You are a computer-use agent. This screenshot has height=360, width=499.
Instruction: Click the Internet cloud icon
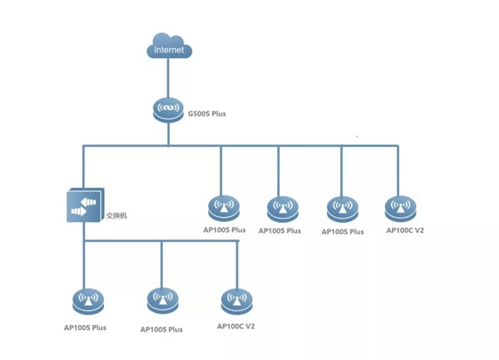click(169, 46)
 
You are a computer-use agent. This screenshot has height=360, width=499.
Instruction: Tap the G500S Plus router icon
click(169, 109)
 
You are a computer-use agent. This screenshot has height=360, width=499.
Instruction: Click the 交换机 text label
click(118, 216)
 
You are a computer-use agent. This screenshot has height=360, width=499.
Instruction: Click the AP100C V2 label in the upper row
click(405, 230)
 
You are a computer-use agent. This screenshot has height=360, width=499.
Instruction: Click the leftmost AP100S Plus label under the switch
click(85, 328)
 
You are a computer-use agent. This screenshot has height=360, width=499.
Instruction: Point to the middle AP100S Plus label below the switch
click(161, 329)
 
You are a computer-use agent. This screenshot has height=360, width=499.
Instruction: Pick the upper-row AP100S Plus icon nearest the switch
click(222, 206)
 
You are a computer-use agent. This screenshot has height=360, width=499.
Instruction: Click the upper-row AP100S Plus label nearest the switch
click(225, 229)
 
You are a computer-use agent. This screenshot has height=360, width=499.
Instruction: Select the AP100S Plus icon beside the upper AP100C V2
click(341, 208)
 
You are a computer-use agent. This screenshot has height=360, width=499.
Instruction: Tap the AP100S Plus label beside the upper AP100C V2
click(343, 232)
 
